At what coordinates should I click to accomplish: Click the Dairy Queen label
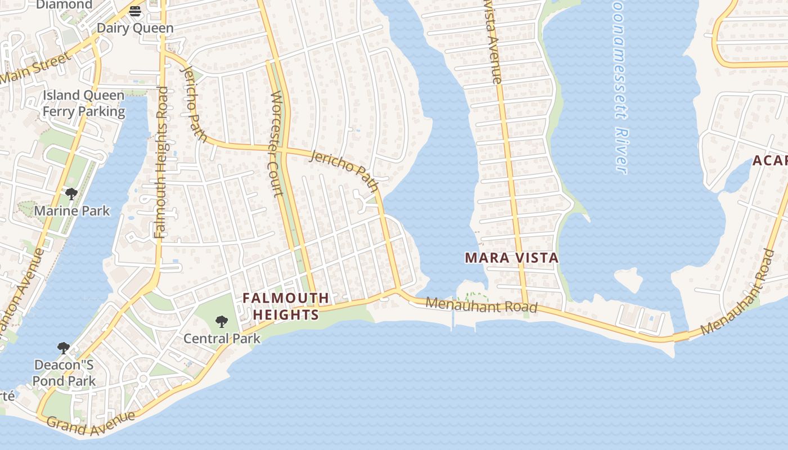pos(135,28)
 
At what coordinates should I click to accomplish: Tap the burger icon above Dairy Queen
pos(135,11)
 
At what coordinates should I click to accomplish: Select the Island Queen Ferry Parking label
pos(84,103)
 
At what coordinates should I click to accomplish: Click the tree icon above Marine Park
pos(71,195)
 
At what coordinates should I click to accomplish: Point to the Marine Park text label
pos(72,211)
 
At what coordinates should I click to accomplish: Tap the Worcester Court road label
pos(276,144)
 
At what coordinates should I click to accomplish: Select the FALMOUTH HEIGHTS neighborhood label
pos(286,307)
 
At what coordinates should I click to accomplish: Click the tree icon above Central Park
pos(222,322)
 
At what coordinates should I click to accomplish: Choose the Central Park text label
pos(222,339)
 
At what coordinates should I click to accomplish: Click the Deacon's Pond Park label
pos(64,373)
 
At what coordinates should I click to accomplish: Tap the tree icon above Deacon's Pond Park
pos(64,348)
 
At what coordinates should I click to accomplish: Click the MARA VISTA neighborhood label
pos(512,258)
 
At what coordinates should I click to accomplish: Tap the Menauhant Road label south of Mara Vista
pos(481,305)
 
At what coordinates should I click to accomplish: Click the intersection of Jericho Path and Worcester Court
pos(284,151)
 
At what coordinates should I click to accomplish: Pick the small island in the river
pos(630,279)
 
